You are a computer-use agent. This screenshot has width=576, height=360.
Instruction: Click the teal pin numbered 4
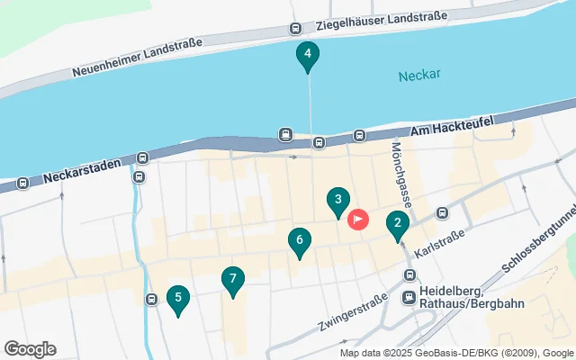click(308, 56)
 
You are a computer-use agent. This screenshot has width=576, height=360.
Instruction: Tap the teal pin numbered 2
click(398, 224)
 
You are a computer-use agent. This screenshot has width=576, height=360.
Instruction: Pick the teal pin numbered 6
click(299, 241)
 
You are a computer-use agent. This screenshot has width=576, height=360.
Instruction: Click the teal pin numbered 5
click(178, 299)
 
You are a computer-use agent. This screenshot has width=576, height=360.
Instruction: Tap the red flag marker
click(358, 219)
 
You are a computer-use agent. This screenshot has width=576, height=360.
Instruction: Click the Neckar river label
click(419, 75)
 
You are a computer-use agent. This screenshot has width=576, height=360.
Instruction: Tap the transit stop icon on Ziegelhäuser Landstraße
click(296, 29)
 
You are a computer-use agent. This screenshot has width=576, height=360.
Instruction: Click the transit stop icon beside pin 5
click(150, 299)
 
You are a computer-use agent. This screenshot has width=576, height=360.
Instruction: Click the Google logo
click(30, 349)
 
